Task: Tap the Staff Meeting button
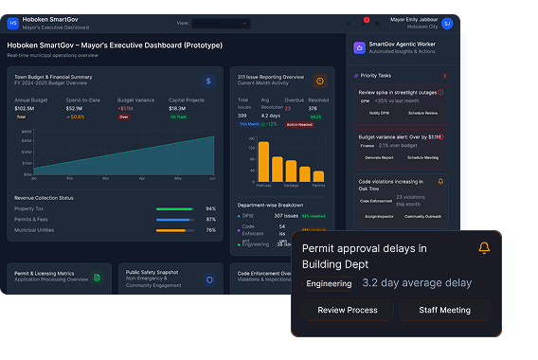(444, 310)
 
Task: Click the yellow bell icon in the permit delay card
(484, 248)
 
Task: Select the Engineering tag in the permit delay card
(329, 282)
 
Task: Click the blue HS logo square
(13, 22)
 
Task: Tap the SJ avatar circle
(447, 23)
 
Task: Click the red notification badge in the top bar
(367, 19)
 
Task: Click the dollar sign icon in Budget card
(207, 81)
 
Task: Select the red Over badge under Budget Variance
(123, 117)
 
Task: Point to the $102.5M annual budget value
(24, 108)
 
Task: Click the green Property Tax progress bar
(174, 208)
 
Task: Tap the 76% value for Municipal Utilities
(210, 229)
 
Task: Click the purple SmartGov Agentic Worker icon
(359, 47)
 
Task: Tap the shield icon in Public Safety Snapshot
(209, 279)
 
